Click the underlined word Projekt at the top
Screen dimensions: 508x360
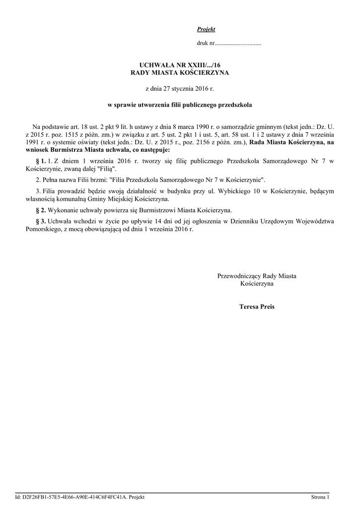tap(203, 30)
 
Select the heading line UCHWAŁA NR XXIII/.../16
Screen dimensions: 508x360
tap(180, 65)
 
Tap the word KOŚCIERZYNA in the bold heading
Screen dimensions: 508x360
tap(203, 73)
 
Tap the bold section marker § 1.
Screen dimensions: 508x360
tap(41, 161)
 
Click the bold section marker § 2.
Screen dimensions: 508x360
tap(41, 210)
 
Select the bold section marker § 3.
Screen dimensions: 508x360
tap(41, 221)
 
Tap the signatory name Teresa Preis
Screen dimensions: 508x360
tap(257, 307)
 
